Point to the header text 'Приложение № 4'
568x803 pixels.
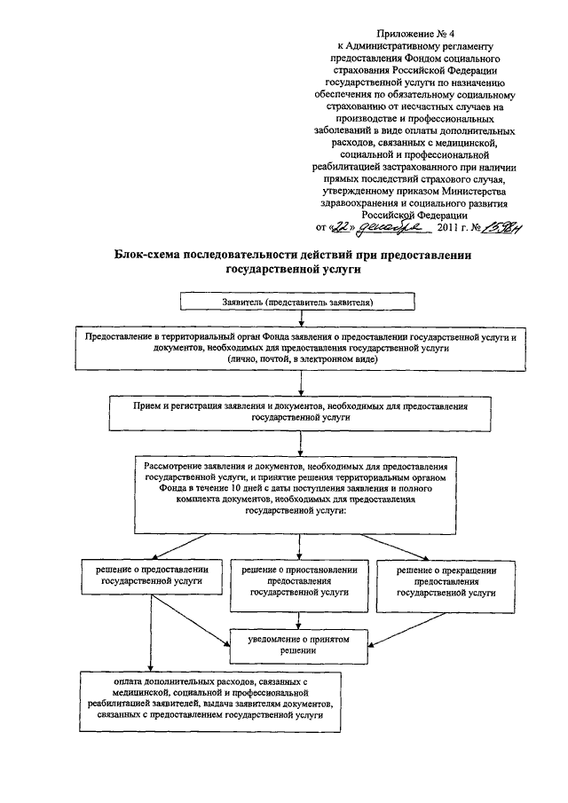click(x=413, y=32)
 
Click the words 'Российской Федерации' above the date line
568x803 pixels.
click(x=412, y=214)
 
